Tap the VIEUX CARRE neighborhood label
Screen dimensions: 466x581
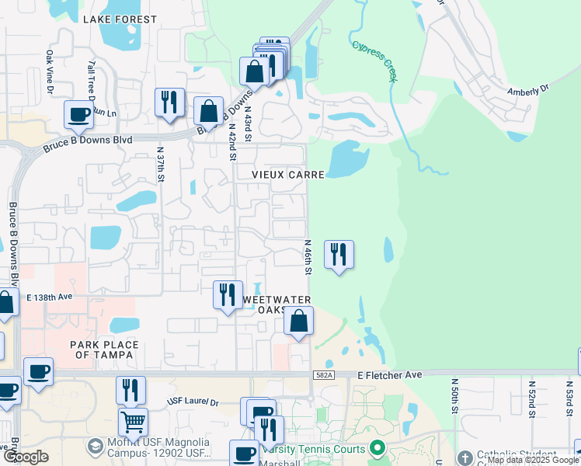(287, 176)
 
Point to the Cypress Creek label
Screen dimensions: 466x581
(374, 59)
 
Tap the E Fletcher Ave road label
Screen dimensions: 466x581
(390, 375)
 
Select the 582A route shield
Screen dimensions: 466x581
(325, 375)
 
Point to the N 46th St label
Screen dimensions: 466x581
(308, 257)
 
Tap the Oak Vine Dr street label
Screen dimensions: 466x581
(50, 72)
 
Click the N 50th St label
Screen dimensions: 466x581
(454, 397)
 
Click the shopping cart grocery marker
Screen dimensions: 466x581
(132, 423)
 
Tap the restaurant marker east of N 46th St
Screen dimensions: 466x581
(338, 254)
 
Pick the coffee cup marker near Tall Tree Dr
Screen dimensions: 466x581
(78, 114)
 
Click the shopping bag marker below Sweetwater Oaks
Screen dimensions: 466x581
(298, 320)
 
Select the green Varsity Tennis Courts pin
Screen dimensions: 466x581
(377, 448)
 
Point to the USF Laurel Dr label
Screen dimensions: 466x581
(193, 402)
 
